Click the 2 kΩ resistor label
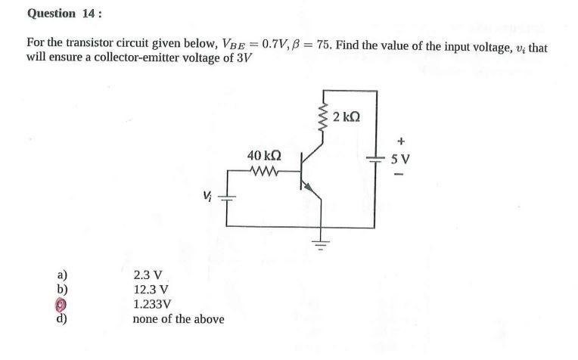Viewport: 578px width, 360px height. [346, 117]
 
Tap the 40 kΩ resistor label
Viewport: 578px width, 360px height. [264, 156]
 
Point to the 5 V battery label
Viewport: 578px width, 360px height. [400, 159]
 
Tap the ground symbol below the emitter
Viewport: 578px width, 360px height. [321, 244]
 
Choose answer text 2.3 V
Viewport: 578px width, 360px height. [146, 275]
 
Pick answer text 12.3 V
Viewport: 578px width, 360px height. [150, 290]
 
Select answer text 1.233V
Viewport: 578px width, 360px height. [151, 304]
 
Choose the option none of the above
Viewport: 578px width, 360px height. [178, 319]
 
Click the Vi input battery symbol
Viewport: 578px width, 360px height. [227, 198]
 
